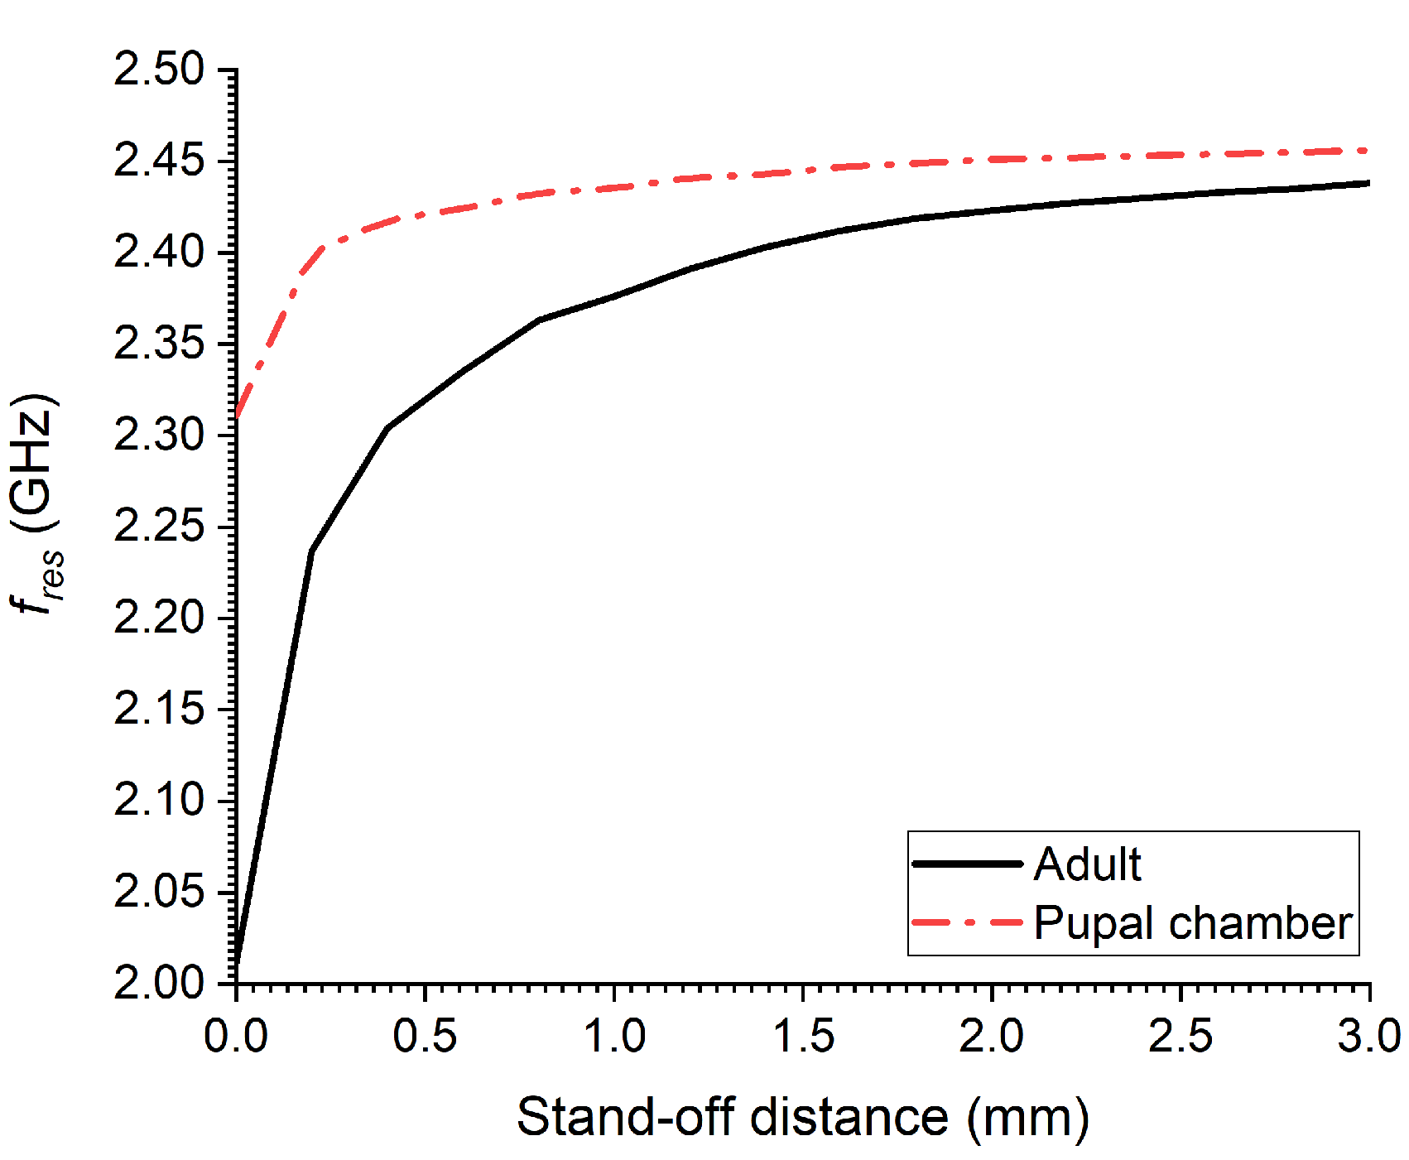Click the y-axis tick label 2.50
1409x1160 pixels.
point(158,69)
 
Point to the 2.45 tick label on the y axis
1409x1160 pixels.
point(158,160)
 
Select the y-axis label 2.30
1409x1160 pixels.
point(158,435)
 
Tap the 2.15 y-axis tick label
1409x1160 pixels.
point(158,709)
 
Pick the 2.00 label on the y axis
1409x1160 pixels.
point(158,983)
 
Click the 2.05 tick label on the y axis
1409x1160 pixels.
point(158,892)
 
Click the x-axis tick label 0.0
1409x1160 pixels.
point(236,1036)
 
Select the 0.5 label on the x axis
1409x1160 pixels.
point(425,1036)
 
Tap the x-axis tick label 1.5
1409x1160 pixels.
point(803,1036)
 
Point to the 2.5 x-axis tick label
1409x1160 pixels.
point(1181,1036)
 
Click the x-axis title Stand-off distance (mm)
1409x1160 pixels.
point(802,1117)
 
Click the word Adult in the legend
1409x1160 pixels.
point(1087,864)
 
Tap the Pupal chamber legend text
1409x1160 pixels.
point(1192,922)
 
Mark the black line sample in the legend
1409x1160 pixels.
point(967,864)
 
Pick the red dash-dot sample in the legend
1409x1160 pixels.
point(967,922)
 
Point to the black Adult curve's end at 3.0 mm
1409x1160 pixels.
point(1368,183)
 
